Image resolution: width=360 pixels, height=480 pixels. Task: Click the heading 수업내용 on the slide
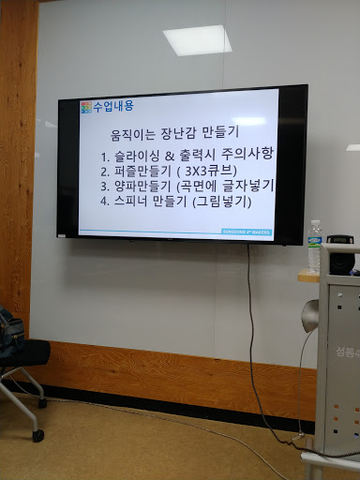point(113,106)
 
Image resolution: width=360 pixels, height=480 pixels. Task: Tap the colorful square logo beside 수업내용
point(86,107)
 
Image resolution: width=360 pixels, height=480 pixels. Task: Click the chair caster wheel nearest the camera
point(37,435)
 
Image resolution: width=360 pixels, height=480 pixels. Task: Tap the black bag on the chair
point(11,331)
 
